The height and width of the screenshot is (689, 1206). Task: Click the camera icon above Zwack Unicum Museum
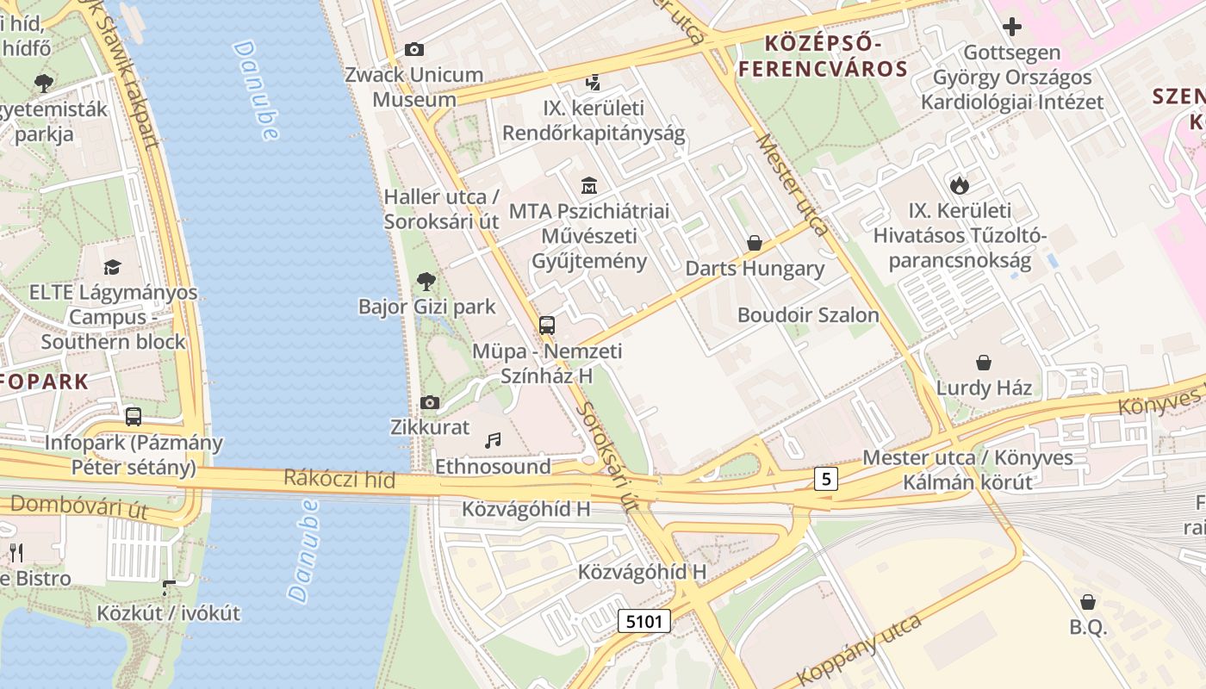click(x=414, y=49)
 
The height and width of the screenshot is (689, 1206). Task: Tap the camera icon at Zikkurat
click(x=429, y=402)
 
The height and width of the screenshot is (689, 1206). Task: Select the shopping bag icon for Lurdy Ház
click(x=984, y=363)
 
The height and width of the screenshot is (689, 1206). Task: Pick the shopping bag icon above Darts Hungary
click(x=755, y=244)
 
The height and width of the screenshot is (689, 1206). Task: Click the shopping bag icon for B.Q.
click(x=1088, y=601)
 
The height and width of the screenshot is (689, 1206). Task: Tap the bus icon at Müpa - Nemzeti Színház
click(x=546, y=326)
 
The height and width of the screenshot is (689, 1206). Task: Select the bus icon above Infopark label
click(x=134, y=417)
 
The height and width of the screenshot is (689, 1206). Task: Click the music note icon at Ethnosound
click(x=493, y=441)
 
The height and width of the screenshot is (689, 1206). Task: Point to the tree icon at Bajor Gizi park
click(x=426, y=281)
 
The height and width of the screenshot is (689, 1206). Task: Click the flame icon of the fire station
click(x=959, y=184)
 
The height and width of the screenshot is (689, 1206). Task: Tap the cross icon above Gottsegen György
click(x=1012, y=27)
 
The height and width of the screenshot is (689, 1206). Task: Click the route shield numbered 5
click(x=825, y=479)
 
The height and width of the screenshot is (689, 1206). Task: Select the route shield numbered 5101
click(x=643, y=621)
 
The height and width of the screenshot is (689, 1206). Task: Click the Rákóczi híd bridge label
click(x=339, y=480)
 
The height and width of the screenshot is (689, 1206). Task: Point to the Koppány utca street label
click(x=859, y=649)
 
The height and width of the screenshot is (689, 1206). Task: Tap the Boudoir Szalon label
click(x=808, y=315)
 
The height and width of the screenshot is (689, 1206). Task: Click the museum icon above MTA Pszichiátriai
click(x=589, y=185)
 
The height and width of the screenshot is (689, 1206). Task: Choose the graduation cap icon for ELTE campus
click(x=112, y=268)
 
